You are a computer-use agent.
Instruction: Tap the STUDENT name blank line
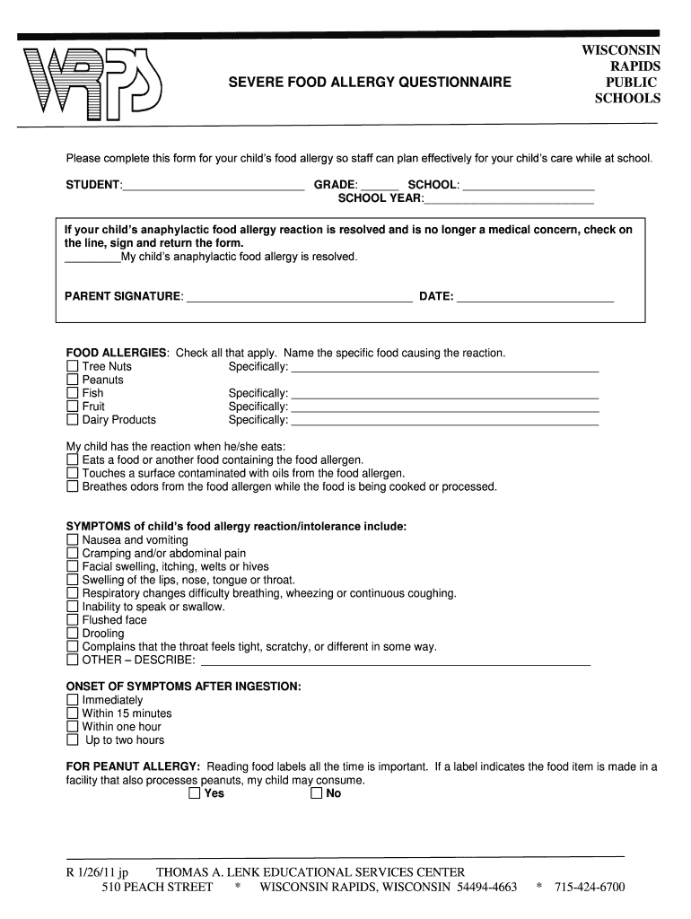coord(213,188)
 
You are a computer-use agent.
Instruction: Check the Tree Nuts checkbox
coord(73,367)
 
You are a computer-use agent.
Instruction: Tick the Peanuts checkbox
coord(73,381)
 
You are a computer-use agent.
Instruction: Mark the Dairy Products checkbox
coord(73,420)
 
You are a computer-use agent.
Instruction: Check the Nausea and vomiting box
coord(73,540)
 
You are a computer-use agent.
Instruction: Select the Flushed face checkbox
coord(73,620)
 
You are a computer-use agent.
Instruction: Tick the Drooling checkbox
coord(73,634)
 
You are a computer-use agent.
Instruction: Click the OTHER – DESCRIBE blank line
coord(395,663)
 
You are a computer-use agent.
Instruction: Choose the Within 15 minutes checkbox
coord(73,713)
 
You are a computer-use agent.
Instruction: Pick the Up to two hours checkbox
coord(73,740)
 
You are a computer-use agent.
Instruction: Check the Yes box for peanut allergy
coord(195,794)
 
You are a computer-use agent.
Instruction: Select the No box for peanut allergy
coord(316,794)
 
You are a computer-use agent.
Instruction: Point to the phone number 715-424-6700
coord(589,888)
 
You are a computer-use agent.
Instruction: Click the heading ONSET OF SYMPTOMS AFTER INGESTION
coord(184,687)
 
